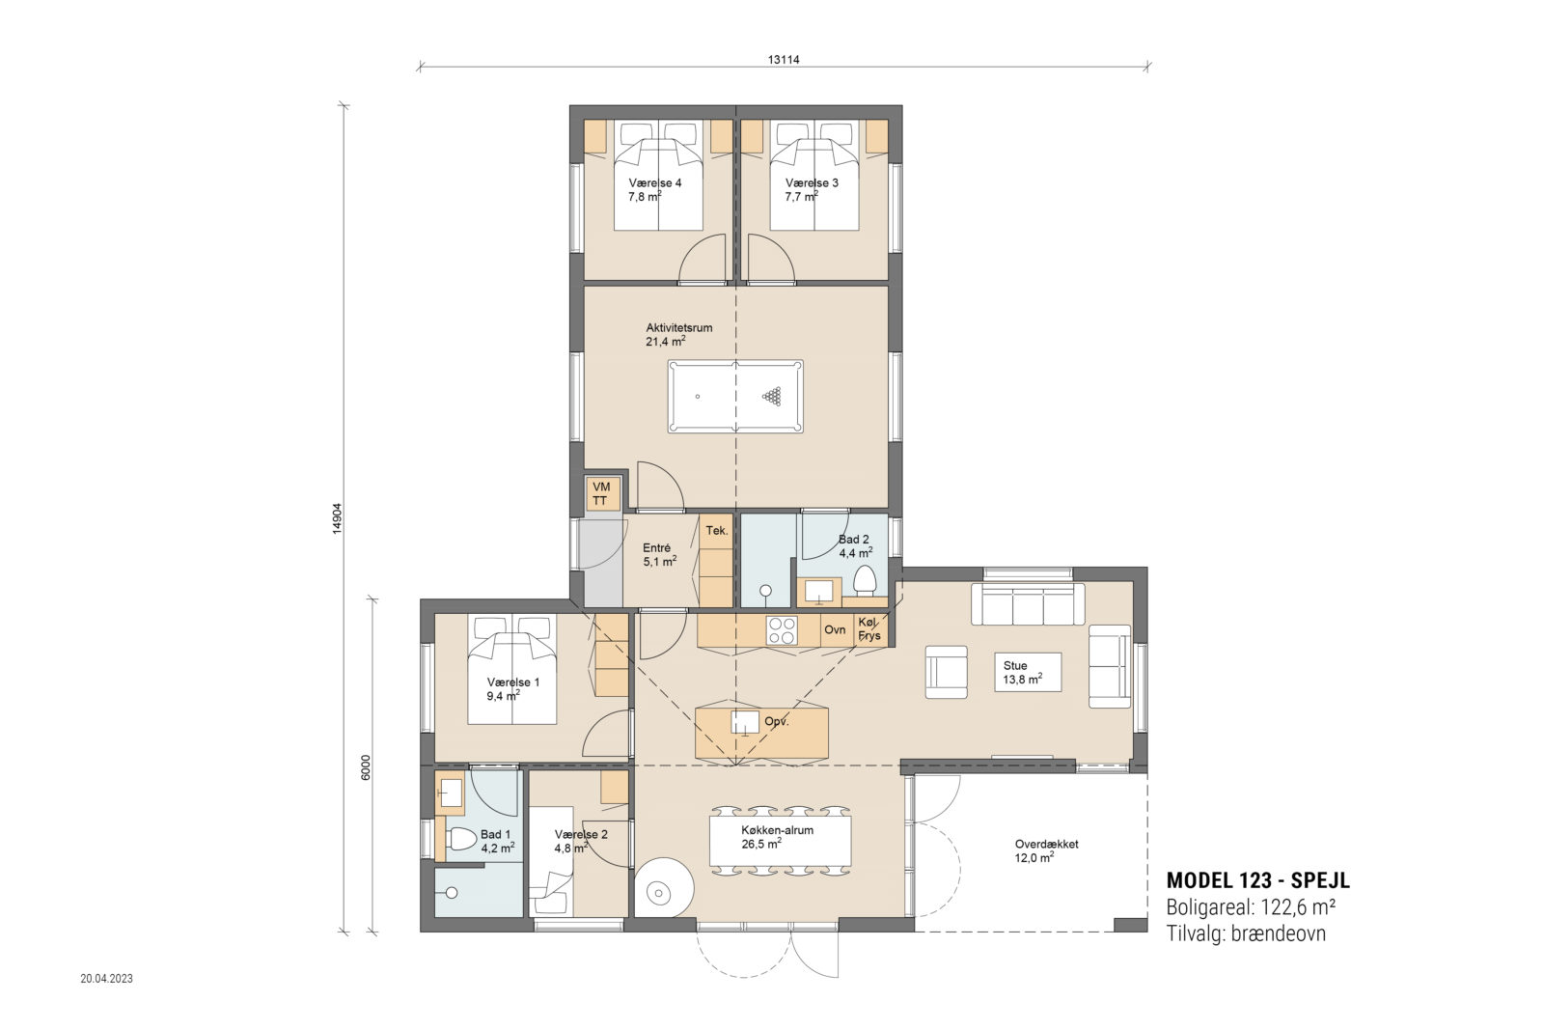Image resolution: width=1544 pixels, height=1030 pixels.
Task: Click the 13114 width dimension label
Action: (784, 60)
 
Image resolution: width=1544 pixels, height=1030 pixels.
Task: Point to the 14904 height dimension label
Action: (337, 518)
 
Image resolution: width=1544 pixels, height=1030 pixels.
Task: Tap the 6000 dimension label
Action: (366, 767)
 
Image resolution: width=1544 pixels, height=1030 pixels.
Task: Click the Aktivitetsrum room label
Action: (679, 328)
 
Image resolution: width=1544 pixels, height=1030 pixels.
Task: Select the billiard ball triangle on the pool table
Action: (772, 397)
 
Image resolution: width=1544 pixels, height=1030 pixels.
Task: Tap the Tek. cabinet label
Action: (717, 530)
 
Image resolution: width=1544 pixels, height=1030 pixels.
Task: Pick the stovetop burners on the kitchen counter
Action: (782, 630)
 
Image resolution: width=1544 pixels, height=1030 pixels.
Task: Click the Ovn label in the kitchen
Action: (835, 630)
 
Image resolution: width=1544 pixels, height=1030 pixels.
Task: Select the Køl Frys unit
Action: (869, 628)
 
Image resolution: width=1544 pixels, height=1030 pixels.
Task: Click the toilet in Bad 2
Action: (865, 580)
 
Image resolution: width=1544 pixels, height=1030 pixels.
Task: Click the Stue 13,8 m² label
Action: (1022, 673)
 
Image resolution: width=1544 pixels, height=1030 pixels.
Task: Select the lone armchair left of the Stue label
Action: (947, 672)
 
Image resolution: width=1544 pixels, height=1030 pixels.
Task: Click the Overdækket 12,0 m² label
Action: (1046, 851)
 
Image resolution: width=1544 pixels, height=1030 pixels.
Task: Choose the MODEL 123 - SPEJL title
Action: (1258, 880)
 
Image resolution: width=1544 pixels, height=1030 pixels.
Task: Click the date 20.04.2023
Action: (107, 978)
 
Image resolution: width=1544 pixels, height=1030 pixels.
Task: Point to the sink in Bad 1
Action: (451, 793)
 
